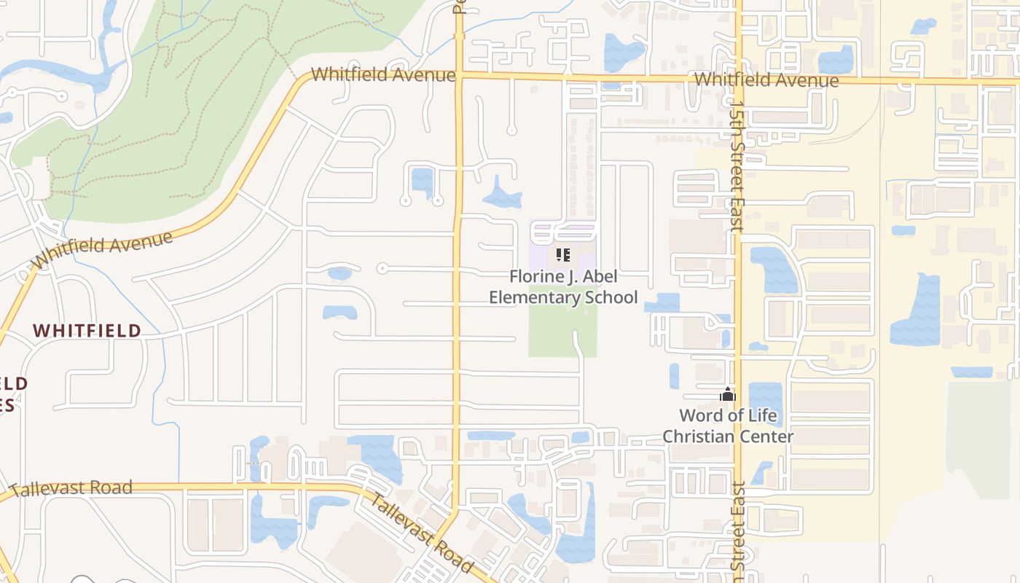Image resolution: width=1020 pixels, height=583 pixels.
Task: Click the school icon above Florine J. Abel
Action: (x=562, y=255)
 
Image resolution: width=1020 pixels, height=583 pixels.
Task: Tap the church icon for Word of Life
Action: (x=727, y=395)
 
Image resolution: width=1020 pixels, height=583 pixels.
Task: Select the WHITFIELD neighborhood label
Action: (x=87, y=330)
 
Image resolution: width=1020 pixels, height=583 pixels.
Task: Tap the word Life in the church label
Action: (x=762, y=415)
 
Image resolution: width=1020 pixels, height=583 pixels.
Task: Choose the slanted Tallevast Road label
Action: (x=421, y=532)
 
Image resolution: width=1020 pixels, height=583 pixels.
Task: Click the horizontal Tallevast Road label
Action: (x=71, y=488)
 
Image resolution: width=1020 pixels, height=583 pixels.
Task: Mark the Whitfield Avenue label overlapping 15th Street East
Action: (x=766, y=79)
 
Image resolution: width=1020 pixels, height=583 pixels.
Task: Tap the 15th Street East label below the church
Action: (x=738, y=525)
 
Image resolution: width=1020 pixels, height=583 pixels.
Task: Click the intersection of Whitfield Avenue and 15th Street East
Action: (x=737, y=79)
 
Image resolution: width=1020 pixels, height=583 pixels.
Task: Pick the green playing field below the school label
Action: (x=562, y=332)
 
